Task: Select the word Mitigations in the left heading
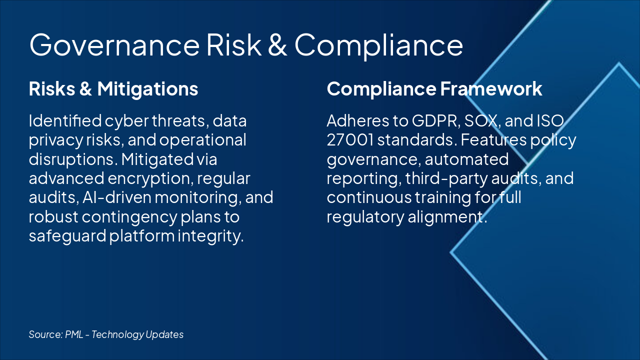147,89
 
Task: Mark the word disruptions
66,159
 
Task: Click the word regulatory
361,216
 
